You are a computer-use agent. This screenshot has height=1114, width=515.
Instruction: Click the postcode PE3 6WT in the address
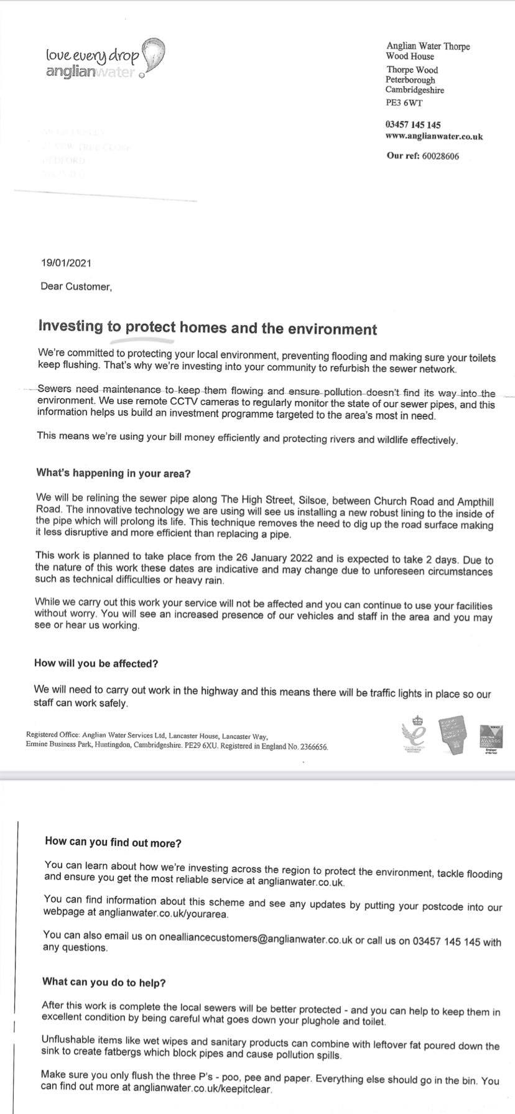click(x=404, y=103)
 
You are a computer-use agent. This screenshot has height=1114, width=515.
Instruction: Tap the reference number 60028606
click(x=440, y=156)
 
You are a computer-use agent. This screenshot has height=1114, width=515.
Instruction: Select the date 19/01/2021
click(x=65, y=262)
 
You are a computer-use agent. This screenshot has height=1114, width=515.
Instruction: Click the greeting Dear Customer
click(x=76, y=287)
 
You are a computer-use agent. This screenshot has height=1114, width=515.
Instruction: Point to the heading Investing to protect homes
click(x=208, y=328)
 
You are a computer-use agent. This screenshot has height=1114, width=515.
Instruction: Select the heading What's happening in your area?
click(x=113, y=473)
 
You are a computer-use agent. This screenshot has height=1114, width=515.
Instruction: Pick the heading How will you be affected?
click(x=96, y=663)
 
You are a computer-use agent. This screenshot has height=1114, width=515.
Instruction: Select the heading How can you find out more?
click(x=113, y=842)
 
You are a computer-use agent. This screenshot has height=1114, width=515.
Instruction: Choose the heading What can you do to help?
click(x=104, y=983)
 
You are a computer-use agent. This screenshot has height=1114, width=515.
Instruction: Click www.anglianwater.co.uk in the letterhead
click(x=434, y=136)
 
